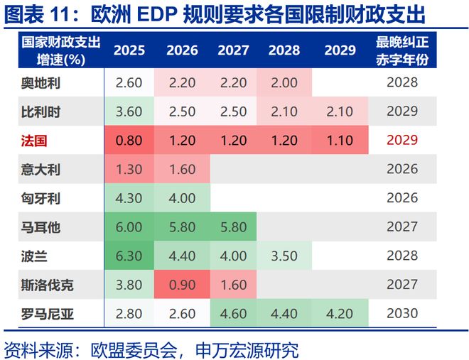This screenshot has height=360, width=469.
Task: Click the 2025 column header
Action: (129, 51)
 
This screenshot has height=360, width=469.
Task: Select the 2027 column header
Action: (233, 51)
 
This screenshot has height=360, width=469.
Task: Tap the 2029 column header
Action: (340, 51)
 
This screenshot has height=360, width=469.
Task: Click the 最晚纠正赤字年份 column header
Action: (402, 51)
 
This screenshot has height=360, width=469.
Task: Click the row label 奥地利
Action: (40, 82)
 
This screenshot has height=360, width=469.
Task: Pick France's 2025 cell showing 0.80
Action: (129, 141)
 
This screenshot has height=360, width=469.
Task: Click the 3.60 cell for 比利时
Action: (129, 111)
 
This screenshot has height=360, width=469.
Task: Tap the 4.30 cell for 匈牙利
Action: (129, 198)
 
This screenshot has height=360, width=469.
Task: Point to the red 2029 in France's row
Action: (402, 141)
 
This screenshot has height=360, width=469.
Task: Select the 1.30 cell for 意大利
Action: (129, 170)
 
